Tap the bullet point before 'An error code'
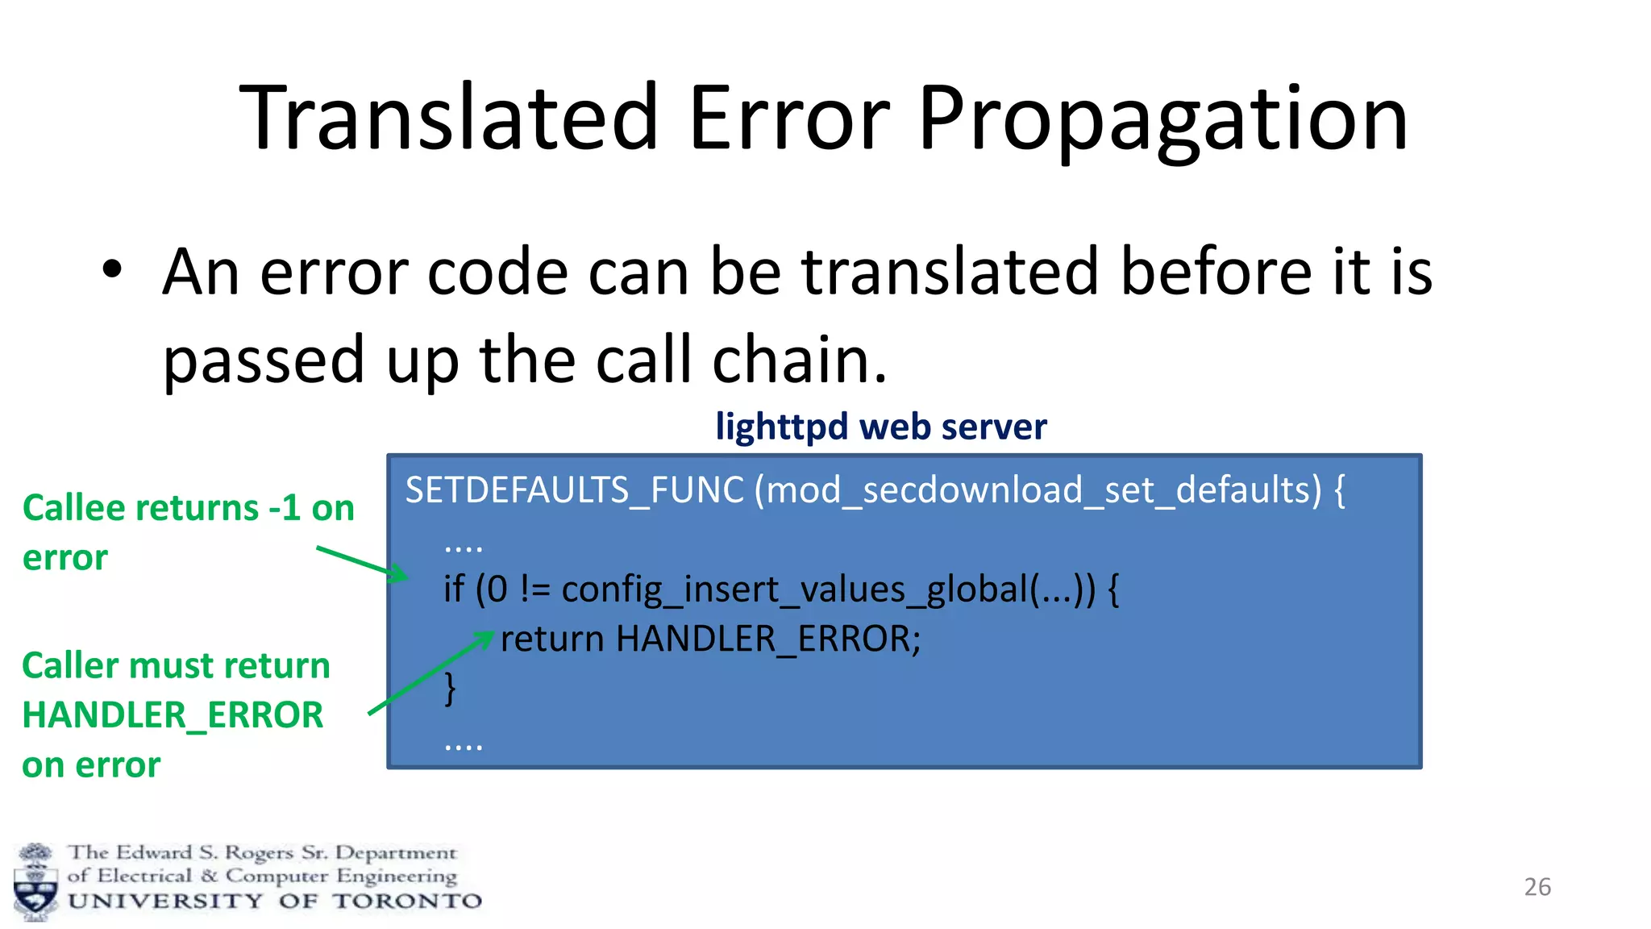pos(112,270)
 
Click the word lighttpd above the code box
pos(780,427)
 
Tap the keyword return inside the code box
pos(552,639)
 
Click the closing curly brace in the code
pos(451,688)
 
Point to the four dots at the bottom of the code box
pos(464,746)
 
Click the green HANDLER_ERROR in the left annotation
pos(173,715)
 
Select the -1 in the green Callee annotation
pos(285,508)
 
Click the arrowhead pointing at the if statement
pos(400,575)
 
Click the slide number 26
pos(1537,886)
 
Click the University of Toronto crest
pos(35,882)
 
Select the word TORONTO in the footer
pos(407,901)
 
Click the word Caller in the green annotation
pos(70,666)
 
